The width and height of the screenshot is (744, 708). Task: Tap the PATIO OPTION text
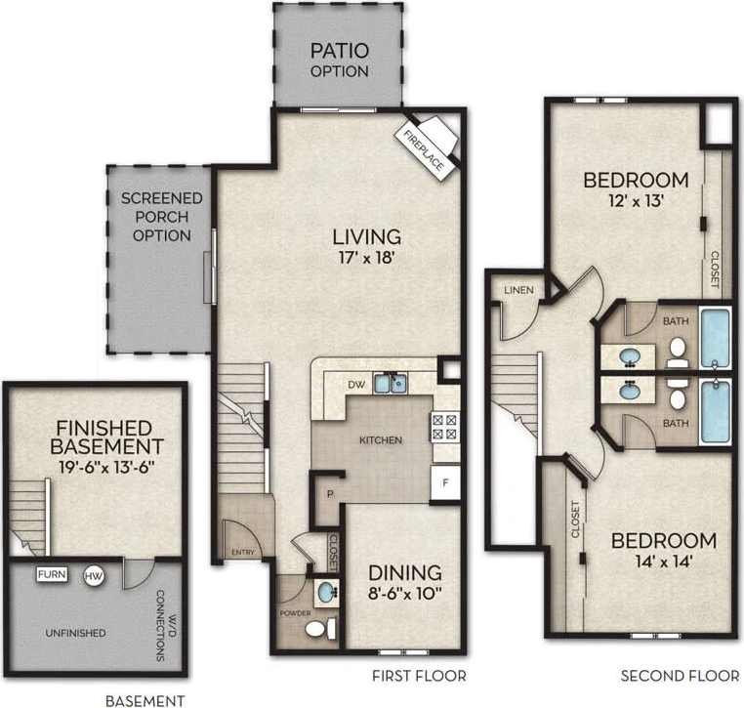pos(339,61)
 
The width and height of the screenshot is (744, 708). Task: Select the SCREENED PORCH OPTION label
pos(162,216)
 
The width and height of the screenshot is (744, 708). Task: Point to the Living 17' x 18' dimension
pos(367,260)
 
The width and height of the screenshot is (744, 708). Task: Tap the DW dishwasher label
pos(357,384)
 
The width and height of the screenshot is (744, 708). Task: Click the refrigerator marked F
pos(445,482)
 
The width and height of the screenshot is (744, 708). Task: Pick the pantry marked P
pos(330,494)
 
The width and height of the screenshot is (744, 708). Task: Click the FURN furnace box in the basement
pos(52,574)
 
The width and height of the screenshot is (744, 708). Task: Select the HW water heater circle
pos(95,576)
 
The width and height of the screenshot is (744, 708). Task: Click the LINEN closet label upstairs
pos(517,290)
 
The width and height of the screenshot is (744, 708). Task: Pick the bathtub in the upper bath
pos(715,338)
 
